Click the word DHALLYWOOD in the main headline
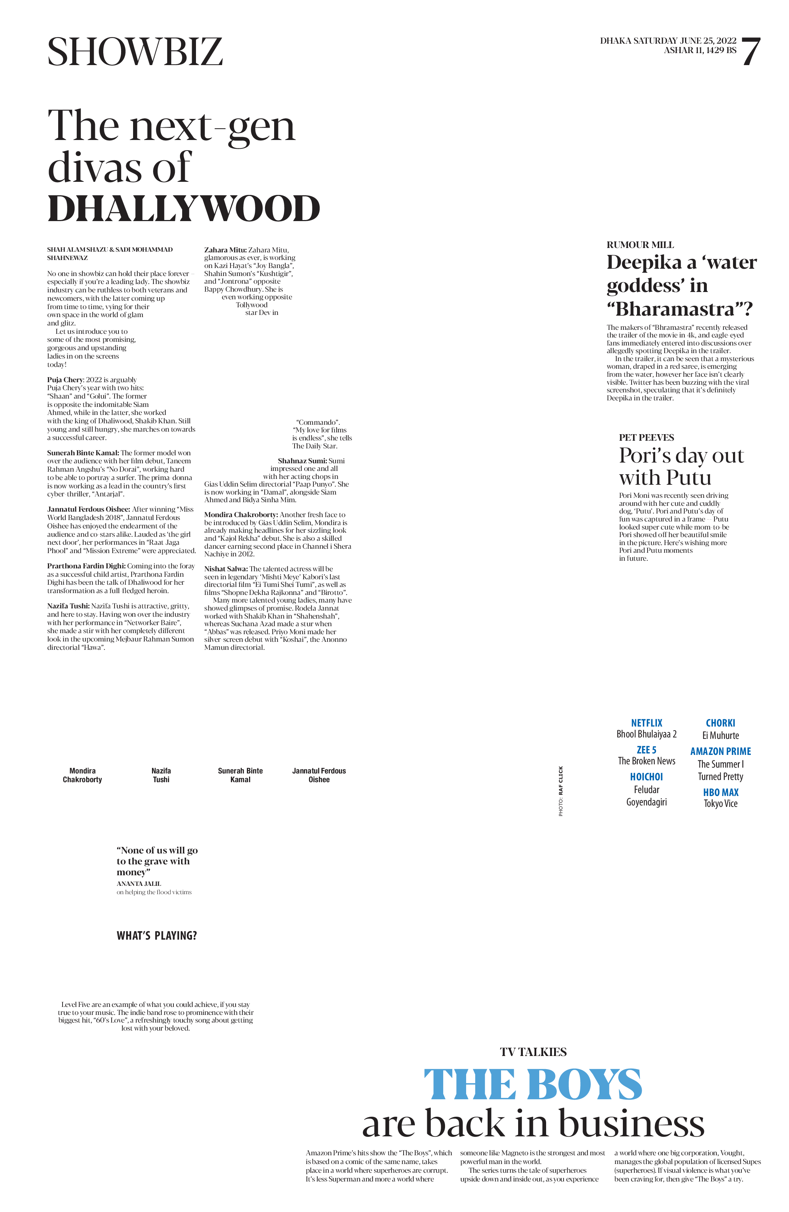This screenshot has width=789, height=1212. click(x=184, y=209)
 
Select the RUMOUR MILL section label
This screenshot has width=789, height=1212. click(x=640, y=245)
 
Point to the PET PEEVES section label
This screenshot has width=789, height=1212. click(x=646, y=437)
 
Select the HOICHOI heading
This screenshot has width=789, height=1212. click(x=646, y=777)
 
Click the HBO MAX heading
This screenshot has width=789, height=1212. click(x=721, y=792)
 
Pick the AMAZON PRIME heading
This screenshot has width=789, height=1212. click(x=721, y=751)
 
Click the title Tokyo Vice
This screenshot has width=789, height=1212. click(x=721, y=804)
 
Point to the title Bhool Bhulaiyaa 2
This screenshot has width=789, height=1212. click(x=646, y=734)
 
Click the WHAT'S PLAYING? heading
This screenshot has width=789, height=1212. click(x=157, y=936)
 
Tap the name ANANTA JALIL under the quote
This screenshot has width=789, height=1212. click(x=139, y=884)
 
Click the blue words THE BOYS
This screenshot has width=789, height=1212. click(x=533, y=1085)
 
